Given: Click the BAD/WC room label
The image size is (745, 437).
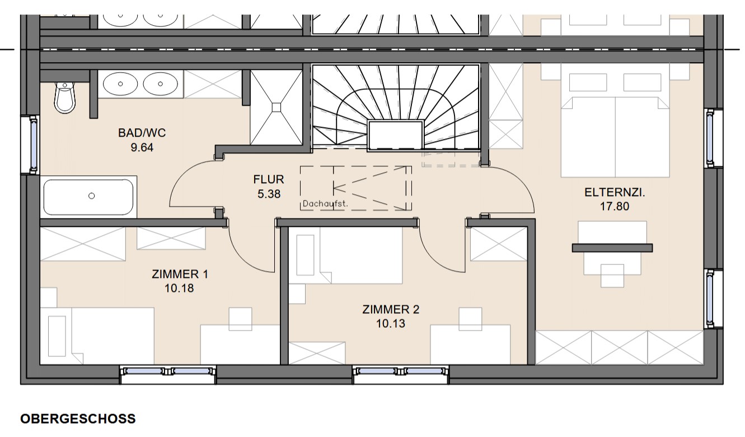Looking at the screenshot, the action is point(142,133).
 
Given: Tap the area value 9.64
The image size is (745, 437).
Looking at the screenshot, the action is point(142,147).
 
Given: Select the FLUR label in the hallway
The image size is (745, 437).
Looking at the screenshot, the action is point(269,179).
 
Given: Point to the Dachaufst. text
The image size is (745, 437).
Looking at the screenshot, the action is point(325,204).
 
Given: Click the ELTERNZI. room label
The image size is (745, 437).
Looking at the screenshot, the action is point(615,192).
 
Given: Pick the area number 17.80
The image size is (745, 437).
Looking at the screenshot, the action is point(615,206).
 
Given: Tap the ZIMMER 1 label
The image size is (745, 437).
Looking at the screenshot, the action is point(180,275).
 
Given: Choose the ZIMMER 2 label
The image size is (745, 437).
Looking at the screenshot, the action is point(391,309).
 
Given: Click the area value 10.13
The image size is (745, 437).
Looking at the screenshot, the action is point(391,323).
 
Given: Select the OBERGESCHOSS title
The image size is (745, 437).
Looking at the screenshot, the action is point(78,419).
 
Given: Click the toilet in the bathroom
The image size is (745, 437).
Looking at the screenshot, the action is point(65,97).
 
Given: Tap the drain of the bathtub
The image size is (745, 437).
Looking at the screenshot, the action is point(91,196).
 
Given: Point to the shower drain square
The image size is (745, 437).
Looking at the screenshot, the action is point(277,108).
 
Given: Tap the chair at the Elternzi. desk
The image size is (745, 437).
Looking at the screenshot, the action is point(612,276).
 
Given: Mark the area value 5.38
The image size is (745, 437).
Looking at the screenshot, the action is point(269,194).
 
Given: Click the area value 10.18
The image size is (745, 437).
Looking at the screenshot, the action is point(179,288).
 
